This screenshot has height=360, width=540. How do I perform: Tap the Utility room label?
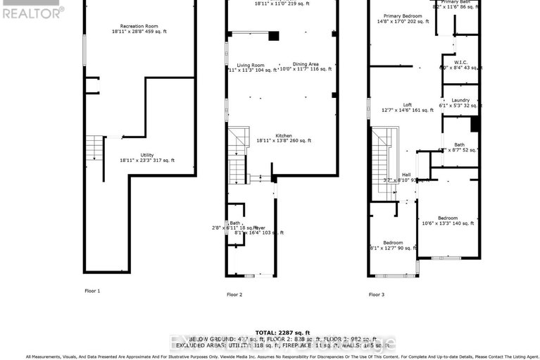pyautogui.click(x=146, y=155)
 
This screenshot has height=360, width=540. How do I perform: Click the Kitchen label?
pyautogui.click(x=284, y=135)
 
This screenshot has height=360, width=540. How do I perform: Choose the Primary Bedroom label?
pyautogui.click(x=403, y=15)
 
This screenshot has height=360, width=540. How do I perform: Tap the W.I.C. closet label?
pyautogui.click(x=460, y=62)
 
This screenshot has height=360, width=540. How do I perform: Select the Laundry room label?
pyautogui.click(x=460, y=100)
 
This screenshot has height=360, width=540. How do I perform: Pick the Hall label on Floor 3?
pyautogui.click(x=406, y=175)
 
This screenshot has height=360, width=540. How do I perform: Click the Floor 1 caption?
pyautogui.click(x=92, y=291)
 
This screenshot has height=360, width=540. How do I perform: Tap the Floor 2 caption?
pyautogui.click(x=234, y=294)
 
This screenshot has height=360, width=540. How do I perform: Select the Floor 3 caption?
pyautogui.click(x=377, y=294)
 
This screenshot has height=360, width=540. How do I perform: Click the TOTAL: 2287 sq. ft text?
pyautogui.click(x=282, y=332)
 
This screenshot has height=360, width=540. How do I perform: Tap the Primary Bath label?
pyautogui.click(x=456, y=2)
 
